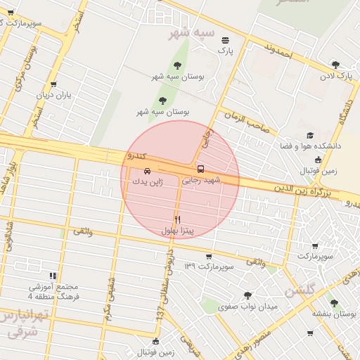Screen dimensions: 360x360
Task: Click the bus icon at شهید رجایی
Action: (201, 169)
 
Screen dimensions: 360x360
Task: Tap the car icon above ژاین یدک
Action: (147, 171)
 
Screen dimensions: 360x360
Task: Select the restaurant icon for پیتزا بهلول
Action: (177, 219)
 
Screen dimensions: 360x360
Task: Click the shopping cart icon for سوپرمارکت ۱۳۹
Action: (208, 257)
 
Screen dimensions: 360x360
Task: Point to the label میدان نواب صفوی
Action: (248, 307)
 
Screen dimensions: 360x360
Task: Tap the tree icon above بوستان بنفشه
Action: (334, 303)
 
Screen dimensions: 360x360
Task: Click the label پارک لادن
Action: (336, 75)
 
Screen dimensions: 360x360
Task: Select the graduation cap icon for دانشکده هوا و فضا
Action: (310, 136)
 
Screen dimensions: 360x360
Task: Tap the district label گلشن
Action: (300, 289)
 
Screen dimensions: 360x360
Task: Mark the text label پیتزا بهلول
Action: (183, 231)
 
